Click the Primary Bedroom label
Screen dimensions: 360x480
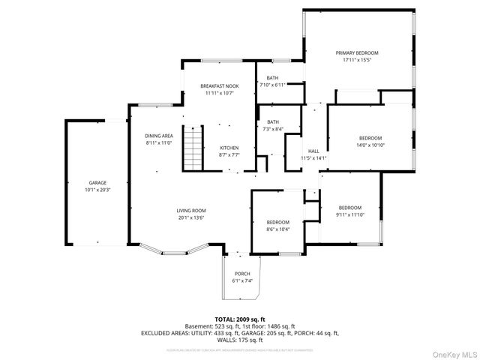[361, 52]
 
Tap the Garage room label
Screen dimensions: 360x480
[97, 183]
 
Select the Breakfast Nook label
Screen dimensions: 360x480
[219, 86]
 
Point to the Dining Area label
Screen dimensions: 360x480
[159, 136]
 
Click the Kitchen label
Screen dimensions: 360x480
[229, 148]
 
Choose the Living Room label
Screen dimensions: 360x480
[192, 211]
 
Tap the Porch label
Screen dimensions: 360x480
[242, 274]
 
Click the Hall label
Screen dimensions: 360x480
[313, 151]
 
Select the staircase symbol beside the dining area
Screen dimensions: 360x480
[193, 147]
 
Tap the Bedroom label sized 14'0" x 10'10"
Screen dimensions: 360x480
[370, 138]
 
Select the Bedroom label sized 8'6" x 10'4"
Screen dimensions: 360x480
[277, 222]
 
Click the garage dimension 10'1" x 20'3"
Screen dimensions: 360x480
[97, 190]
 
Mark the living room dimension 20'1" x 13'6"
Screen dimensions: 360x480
[192, 218]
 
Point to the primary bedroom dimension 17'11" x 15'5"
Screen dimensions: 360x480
[361, 60]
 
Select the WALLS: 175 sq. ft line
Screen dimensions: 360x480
[239, 340]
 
